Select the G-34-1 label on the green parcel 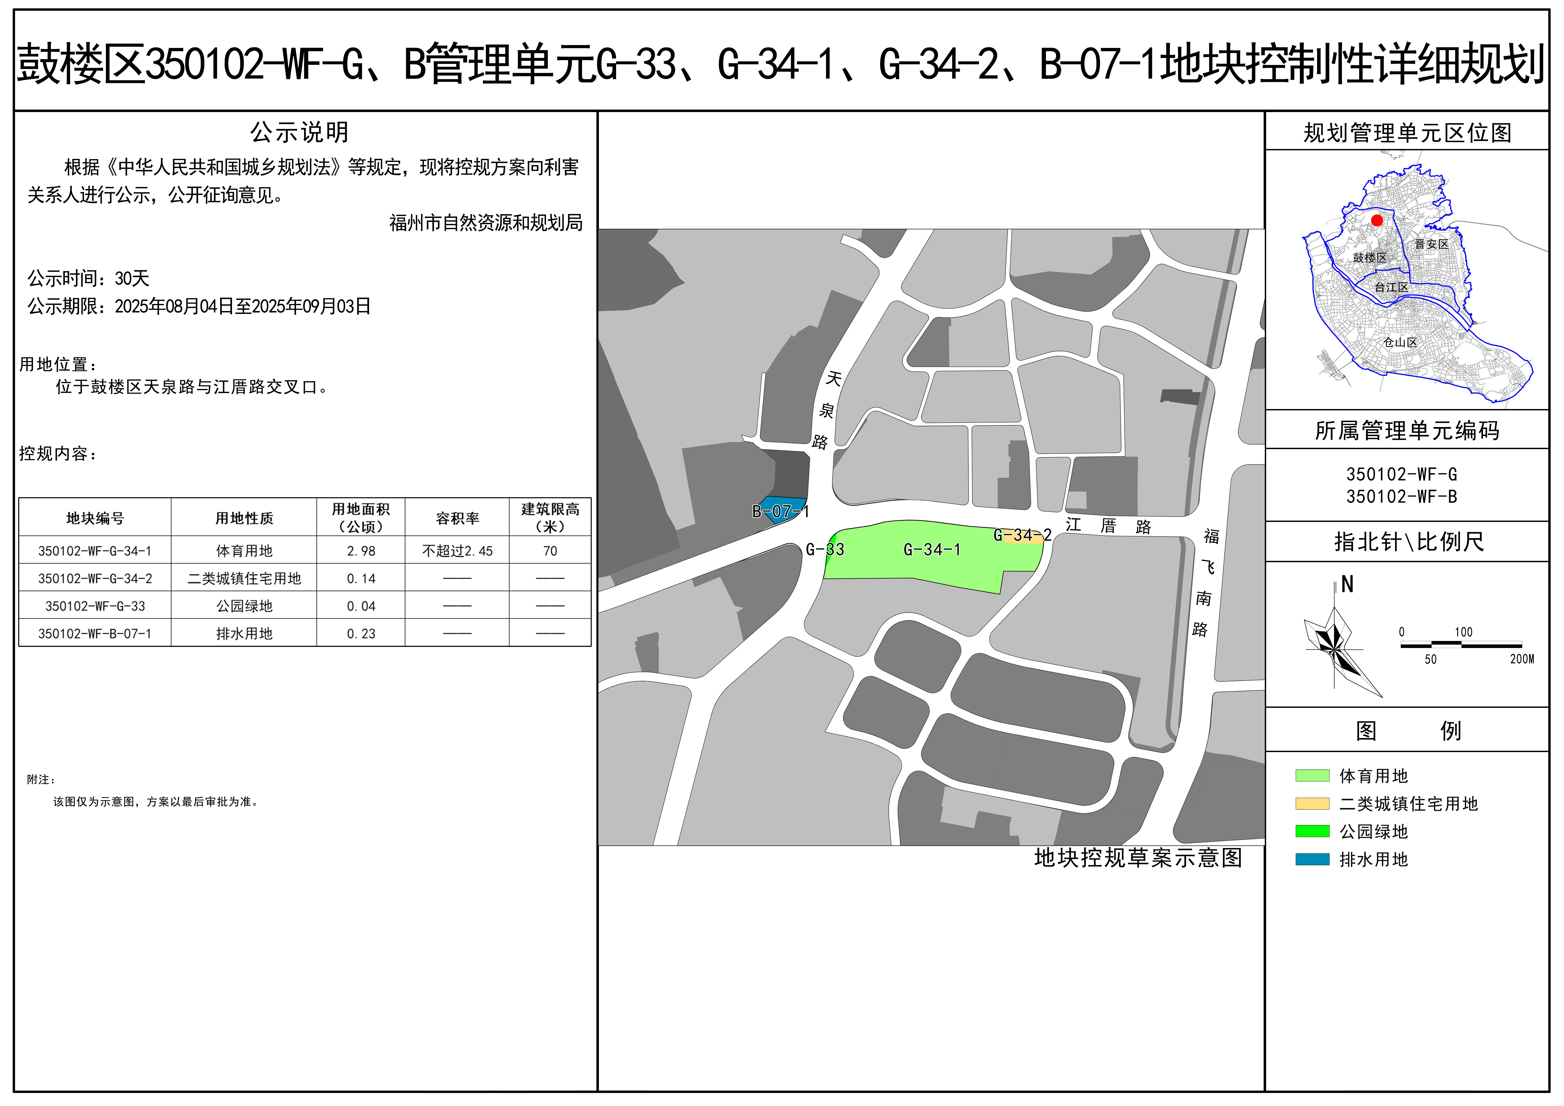932,550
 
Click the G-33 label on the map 825,550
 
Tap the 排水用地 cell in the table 244,633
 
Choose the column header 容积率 457,518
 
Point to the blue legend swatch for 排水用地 1312,859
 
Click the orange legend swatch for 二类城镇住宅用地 1312,804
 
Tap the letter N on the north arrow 1347,584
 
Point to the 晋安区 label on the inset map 1431,244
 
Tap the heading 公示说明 299,132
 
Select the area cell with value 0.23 361,633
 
